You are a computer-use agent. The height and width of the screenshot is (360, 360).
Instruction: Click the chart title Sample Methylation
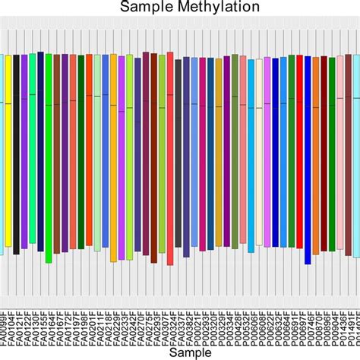click(x=179, y=7)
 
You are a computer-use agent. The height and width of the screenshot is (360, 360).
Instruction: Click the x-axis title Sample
click(x=180, y=352)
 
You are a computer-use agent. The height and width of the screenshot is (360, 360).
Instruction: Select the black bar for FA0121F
click(x=16, y=152)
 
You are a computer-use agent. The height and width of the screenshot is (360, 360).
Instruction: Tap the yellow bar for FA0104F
click(x=8, y=152)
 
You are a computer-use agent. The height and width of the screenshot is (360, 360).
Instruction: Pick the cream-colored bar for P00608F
click(x=259, y=152)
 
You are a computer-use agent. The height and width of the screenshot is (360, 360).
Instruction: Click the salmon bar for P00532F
click(x=243, y=152)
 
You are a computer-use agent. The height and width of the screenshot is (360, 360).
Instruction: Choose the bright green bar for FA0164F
click(x=49, y=152)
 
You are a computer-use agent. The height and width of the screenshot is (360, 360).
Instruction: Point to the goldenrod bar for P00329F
click(x=219, y=152)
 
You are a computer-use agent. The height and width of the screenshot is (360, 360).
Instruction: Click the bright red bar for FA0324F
click(x=170, y=152)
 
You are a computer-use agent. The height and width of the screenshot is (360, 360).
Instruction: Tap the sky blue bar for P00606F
click(x=251, y=152)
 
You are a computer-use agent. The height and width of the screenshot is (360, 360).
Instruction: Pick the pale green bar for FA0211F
click(x=97, y=152)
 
